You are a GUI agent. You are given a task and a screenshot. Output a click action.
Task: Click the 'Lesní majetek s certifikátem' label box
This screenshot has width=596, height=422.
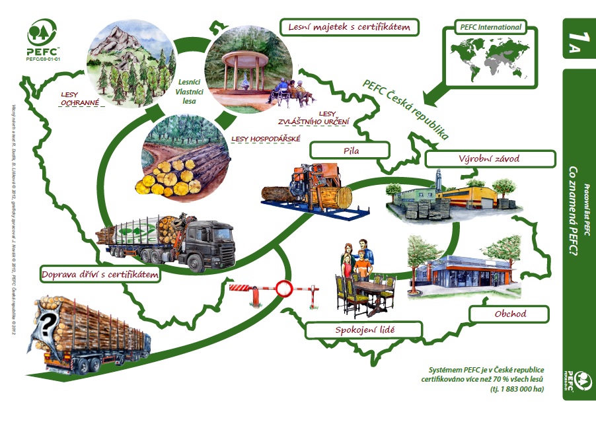(350, 27)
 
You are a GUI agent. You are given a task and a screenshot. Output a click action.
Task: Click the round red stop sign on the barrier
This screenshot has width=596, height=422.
(284, 288)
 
